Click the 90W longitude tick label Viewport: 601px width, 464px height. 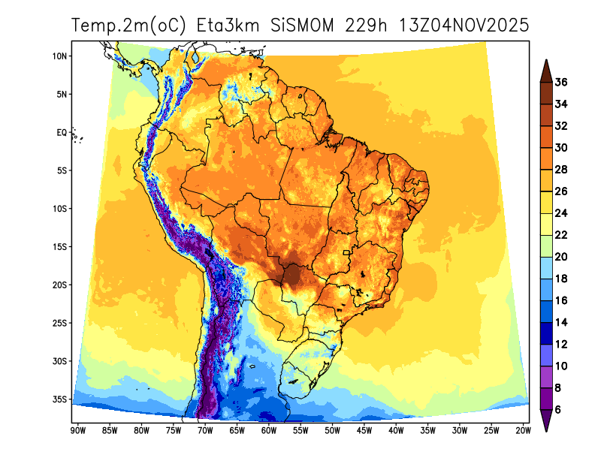pos(77,430)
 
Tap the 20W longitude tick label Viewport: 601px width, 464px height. pos(524,430)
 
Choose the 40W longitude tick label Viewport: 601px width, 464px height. pos(396,430)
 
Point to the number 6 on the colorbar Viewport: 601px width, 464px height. pos(559,409)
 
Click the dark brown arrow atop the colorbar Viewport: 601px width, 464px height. pos(547,70)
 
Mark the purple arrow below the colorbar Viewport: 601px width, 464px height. pos(547,422)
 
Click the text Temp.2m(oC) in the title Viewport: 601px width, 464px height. pos(126,26)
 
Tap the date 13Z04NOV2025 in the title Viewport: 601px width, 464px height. pos(456,26)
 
